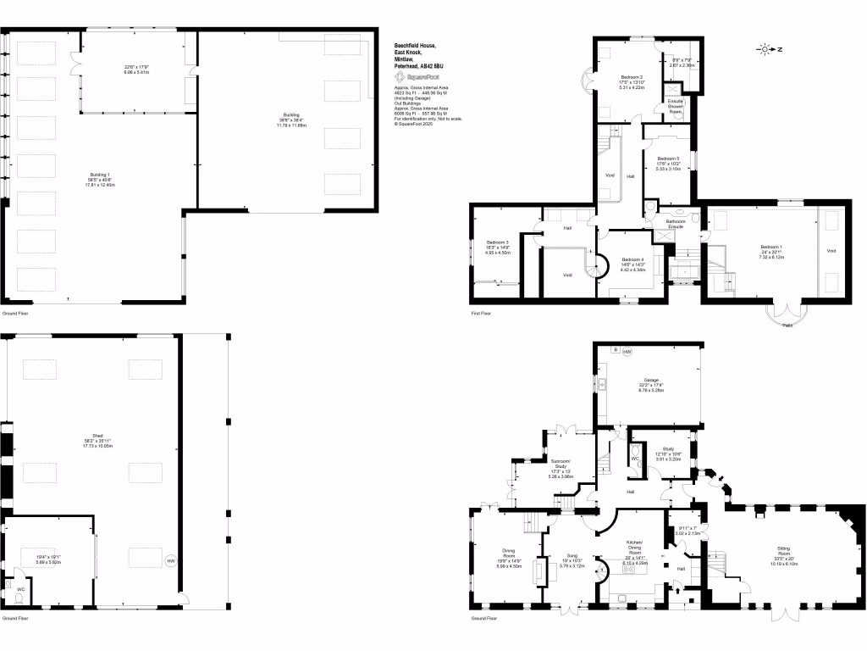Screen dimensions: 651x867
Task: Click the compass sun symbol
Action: pyautogui.click(x=765, y=50)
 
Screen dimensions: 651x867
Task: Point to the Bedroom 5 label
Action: pyautogui.click(x=668, y=159)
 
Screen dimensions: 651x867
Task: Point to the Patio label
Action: pyautogui.click(x=787, y=325)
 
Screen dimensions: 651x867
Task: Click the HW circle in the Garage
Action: pyautogui.click(x=627, y=352)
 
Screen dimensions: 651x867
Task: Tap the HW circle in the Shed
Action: pyautogui.click(x=170, y=560)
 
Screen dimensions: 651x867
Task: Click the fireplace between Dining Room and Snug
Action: pyautogui.click(x=537, y=570)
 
